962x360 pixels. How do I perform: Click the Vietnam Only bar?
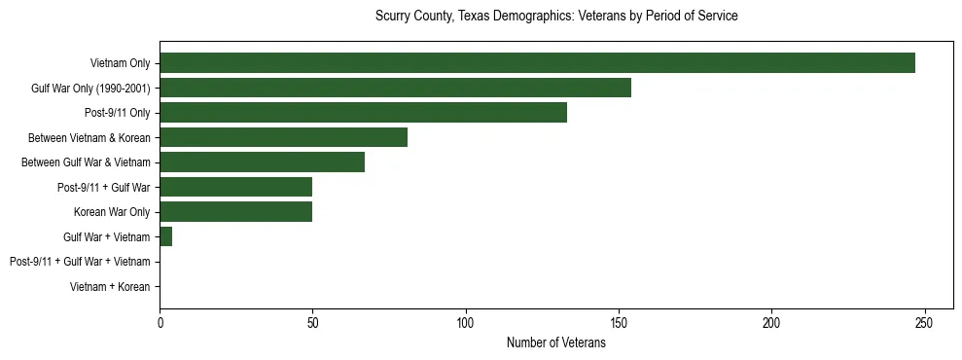537,63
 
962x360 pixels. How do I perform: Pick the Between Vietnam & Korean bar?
283,137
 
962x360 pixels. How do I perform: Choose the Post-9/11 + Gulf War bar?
235,187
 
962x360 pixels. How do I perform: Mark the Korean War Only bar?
235,212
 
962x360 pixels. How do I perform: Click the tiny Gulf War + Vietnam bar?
166,236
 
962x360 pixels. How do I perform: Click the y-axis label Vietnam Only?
120,64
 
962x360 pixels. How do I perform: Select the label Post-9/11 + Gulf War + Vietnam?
80,262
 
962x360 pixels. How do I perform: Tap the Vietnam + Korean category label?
110,287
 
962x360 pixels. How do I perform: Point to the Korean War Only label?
112,212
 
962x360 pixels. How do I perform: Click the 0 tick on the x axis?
160,323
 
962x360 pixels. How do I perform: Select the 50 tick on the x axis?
312,323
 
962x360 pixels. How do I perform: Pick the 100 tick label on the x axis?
465,323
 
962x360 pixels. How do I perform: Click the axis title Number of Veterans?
555,342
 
